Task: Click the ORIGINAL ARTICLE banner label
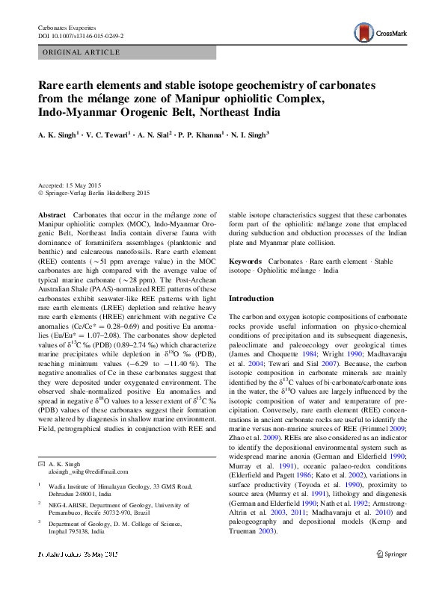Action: [82, 52]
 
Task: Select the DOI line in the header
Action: [82, 35]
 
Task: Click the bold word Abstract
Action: [51, 214]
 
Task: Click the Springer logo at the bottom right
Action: [393, 575]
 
